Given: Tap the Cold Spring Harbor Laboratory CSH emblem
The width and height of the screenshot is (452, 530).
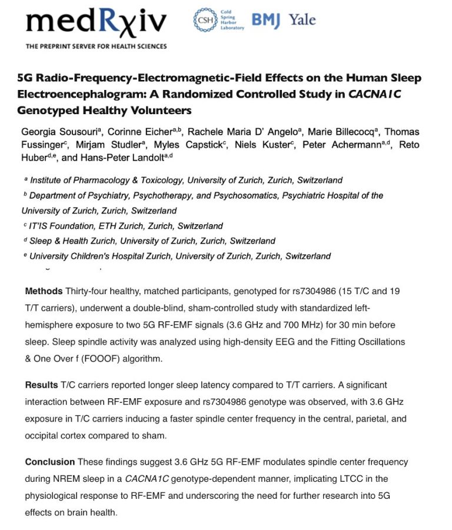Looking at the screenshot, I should pyautogui.click(x=205, y=21).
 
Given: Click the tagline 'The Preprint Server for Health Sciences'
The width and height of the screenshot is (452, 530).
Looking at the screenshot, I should pyautogui.click(x=96, y=46).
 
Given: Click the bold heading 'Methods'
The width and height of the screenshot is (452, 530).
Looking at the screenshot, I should pyautogui.click(x=44, y=291).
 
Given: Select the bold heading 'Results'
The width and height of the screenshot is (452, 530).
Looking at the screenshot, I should pyautogui.click(x=41, y=385).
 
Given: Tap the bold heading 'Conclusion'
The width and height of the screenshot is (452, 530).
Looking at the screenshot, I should pyautogui.click(x=49, y=462).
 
